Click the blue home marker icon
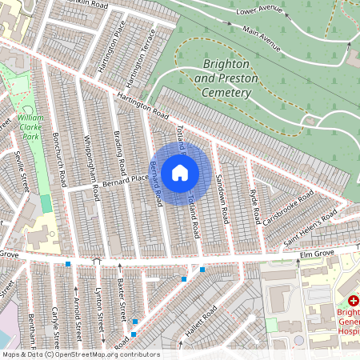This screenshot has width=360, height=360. tap(180, 173)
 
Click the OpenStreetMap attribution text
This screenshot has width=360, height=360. tap(80, 354)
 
